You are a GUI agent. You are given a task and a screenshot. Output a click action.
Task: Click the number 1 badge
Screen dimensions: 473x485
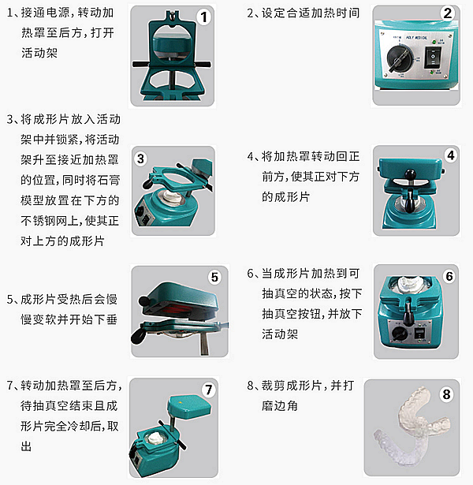[x=203, y=17]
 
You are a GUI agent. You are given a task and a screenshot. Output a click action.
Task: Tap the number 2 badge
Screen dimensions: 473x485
[x=447, y=13]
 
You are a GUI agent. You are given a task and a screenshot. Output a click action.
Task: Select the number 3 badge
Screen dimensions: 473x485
[x=140, y=159]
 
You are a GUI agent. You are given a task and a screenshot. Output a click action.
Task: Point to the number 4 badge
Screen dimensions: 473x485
[x=451, y=155]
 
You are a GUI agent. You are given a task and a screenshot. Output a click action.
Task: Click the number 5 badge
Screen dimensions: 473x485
[x=214, y=277]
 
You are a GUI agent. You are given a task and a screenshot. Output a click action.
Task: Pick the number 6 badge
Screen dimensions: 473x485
[x=449, y=276]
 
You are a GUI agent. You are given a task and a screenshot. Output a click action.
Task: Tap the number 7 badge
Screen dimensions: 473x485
[x=209, y=390]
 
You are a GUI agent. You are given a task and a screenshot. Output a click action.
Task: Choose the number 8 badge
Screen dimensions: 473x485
[x=446, y=394]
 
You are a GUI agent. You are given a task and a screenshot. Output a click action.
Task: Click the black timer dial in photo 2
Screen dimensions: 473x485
[x=400, y=58]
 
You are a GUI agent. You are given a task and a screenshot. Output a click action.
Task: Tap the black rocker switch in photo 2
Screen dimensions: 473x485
[x=432, y=57]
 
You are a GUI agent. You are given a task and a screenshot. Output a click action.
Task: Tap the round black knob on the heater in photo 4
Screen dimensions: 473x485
[x=410, y=175]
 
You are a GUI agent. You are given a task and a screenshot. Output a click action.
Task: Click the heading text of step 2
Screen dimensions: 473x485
[x=303, y=13]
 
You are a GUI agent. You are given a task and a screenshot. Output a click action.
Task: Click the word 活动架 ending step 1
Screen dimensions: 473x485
[x=39, y=53]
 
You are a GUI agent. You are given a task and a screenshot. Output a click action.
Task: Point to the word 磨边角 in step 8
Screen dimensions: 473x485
[x=280, y=405]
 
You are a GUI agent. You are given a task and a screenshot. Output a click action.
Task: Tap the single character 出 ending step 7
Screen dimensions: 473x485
[x=26, y=446]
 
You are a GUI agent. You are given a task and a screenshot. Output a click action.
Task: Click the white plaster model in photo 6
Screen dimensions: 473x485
[x=408, y=285]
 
